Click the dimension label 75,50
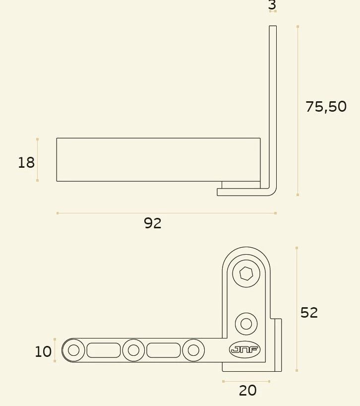326,107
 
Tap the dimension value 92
153,223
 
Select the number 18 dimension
26,163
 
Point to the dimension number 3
272,4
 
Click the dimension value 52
309,313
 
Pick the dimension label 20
248,391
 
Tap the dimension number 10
43,351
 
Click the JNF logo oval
244,350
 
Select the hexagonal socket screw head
246,273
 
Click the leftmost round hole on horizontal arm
73,350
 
